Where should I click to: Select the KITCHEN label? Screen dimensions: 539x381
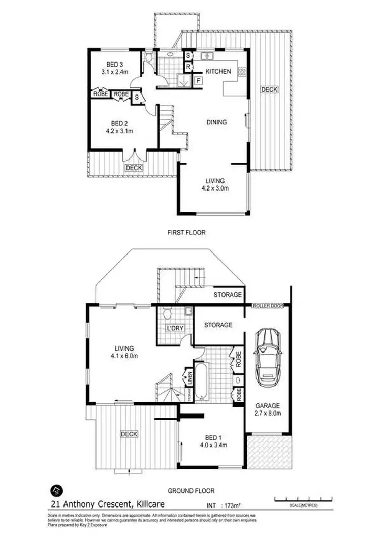point(218,71)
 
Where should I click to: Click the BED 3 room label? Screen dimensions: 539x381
point(115,65)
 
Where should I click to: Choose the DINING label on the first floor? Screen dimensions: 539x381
point(216,122)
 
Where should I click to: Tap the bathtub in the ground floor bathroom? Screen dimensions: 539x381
point(201,379)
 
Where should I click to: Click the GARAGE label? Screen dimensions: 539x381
point(268,406)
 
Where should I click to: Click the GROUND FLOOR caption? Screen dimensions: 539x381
point(191,491)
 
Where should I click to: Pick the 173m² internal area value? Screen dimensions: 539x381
point(231,505)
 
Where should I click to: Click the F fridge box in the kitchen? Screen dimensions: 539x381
point(197,80)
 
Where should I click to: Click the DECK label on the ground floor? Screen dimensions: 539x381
point(129,434)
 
